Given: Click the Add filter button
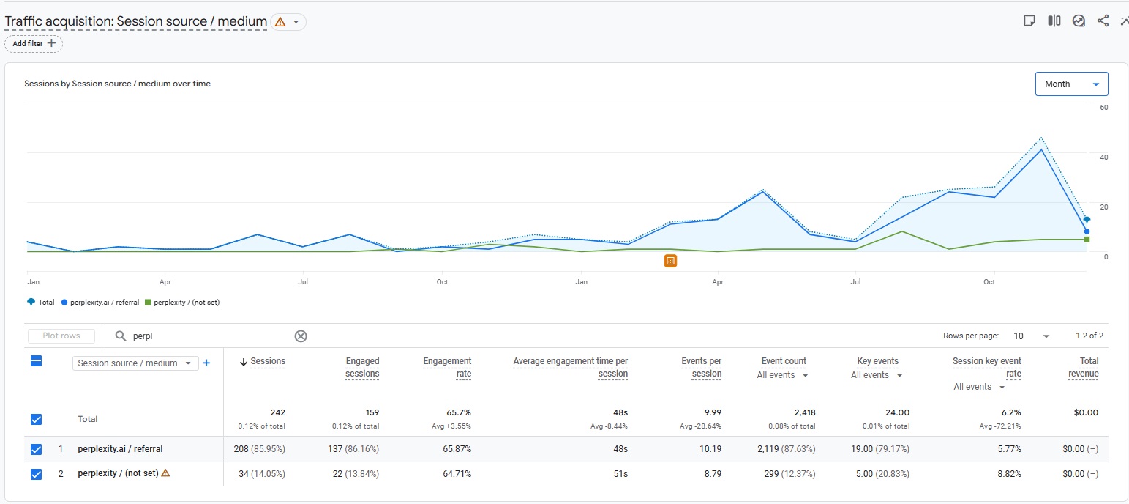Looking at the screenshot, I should point(34,44).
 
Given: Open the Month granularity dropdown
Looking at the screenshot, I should point(1071,84).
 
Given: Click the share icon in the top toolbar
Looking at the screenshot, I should point(1103,21).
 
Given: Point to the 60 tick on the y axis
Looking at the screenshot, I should point(1104,108).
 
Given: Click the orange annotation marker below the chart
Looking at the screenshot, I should point(670,261).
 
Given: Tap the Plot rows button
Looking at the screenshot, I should point(61,336).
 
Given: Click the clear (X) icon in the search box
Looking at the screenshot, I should point(301,336).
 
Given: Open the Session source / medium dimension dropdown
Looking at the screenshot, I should point(135,363).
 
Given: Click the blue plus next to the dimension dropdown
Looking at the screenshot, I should point(206,363).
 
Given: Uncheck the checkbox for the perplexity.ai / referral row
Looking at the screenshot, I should point(37,449).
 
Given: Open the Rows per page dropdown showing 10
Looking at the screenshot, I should point(1031,336).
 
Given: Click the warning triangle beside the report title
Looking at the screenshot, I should point(280,22).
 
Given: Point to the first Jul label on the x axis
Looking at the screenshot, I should point(302,281).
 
